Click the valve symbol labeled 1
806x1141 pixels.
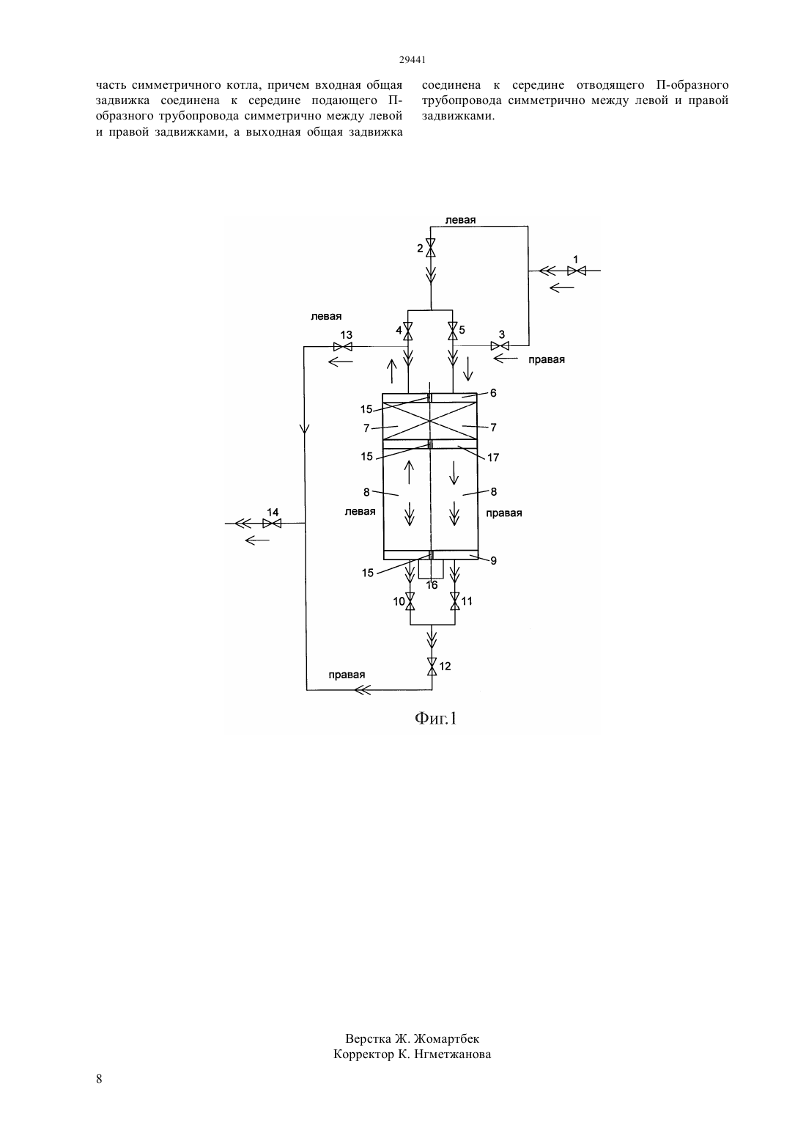577,271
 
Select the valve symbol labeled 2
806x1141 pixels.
431,248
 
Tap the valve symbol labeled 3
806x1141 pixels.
500,346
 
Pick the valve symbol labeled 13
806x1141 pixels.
343,347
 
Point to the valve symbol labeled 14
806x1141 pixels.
272,523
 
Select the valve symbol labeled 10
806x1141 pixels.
410,601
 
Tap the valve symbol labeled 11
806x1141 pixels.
455,601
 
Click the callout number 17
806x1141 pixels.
493,458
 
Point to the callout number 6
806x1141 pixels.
493,393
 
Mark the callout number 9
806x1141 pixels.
493,561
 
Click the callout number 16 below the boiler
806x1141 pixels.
432,585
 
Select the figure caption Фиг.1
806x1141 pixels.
436,718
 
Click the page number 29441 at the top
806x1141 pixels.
412,60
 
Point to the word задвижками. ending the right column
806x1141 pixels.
458,116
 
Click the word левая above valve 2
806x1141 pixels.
460,220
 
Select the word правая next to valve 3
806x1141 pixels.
547,359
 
